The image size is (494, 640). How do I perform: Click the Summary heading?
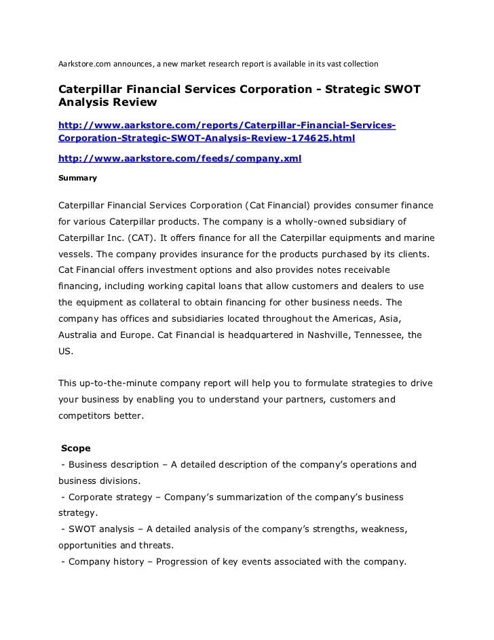coord(77,178)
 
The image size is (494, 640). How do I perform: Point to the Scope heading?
coord(76,449)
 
